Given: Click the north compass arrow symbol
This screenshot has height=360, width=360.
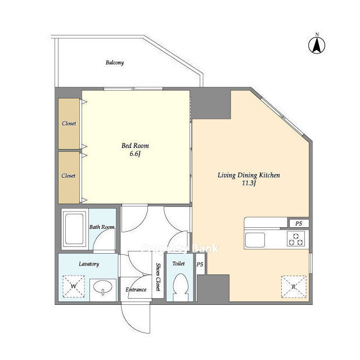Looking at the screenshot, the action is [317, 46].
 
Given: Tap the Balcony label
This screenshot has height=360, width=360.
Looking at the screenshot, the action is [115, 62].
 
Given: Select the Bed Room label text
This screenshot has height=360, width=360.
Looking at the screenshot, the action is [135, 146].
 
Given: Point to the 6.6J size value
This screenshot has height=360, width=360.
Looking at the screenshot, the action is [135, 154].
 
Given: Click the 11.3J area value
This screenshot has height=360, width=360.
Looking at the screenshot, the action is [249, 183].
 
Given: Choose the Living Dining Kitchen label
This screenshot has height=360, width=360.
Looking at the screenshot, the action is [249, 175].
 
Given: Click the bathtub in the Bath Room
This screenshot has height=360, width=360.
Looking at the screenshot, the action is [74, 229].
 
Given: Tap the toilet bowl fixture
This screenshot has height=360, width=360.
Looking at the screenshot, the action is [181, 287].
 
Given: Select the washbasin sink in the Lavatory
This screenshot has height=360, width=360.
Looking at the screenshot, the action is [103, 287].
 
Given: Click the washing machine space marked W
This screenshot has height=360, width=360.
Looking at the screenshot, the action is [74, 286].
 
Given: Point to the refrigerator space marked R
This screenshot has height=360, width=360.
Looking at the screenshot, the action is [294, 287].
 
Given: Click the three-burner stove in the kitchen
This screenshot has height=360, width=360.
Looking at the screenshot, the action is [296, 238].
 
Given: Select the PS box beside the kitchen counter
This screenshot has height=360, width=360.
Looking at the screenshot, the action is [299, 223].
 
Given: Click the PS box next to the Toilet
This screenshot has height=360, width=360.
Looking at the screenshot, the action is [200, 264].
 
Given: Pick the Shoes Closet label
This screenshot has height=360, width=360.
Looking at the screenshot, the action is [158, 277].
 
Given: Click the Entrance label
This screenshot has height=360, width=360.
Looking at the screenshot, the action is [136, 290].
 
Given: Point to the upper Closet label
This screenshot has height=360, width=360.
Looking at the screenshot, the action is [69, 124].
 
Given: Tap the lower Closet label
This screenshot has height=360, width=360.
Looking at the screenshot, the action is [69, 176].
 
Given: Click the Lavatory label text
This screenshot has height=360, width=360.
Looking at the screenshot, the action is [89, 264].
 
